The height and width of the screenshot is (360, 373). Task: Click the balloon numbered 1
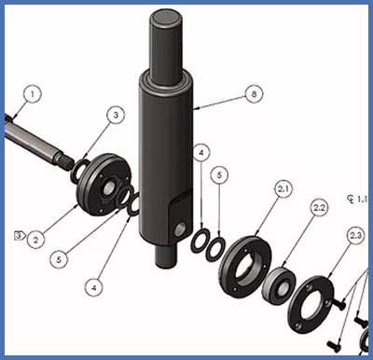point(34,94)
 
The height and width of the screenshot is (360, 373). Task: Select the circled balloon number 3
point(114,116)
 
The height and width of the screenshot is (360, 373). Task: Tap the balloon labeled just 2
point(35,239)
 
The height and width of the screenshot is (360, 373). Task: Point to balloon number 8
point(251,94)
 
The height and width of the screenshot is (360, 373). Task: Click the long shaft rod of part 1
point(37,138)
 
